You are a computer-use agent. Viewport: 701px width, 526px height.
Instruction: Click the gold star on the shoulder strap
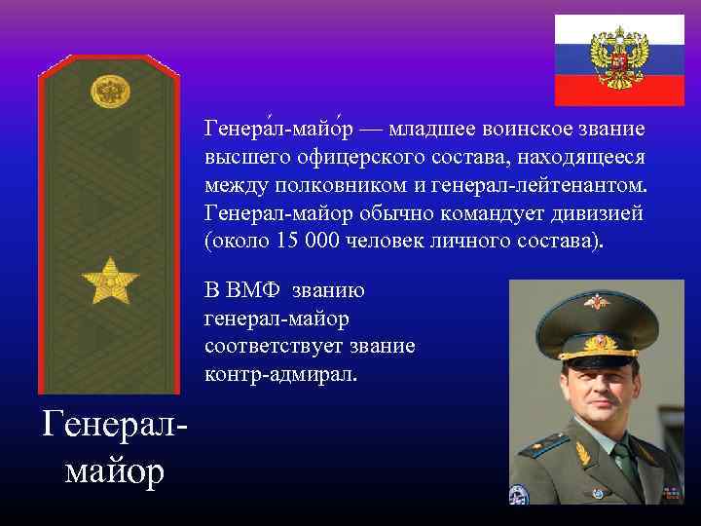coord(110,281)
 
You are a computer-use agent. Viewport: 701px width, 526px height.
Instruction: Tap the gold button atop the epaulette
coord(110,93)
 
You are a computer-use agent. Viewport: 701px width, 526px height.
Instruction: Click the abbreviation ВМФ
coord(263,290)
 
